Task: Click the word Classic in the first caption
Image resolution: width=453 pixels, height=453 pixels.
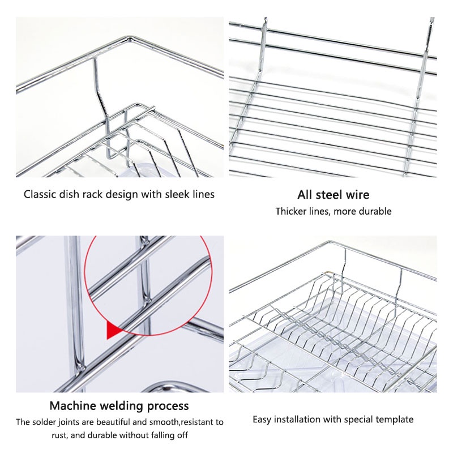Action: (x=40, y=194)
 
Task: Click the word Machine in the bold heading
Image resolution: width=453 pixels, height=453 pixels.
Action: (x=72, y=405)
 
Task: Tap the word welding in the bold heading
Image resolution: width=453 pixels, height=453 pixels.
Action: (x=122, y=406)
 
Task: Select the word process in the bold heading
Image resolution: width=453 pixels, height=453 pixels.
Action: (x=168, y=407)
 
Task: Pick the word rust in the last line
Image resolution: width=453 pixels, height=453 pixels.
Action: (x=59, y=435)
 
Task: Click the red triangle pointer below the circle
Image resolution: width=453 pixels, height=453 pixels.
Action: (x=112, y=331)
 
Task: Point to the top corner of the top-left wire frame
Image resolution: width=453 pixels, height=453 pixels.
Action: (x=130, y=37)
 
